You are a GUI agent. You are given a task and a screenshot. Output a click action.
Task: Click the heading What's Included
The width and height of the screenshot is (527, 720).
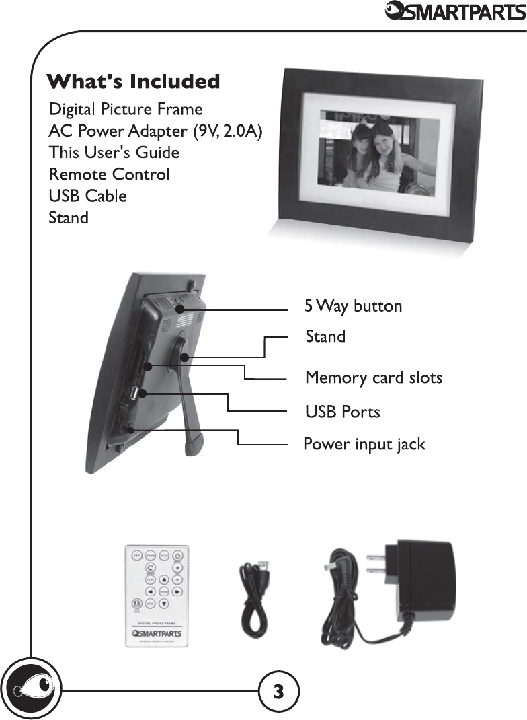pyautogui.click(x=133, y=82)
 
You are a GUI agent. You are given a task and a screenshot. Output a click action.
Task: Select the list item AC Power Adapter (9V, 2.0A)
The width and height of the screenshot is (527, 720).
pyautogui.click(x=155, y=131)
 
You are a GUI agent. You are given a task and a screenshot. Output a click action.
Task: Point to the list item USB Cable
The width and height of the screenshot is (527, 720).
pyautogui.click(x=88, y=196)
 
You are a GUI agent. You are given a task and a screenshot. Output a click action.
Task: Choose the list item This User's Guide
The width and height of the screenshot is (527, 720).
pyautogui.click(x=114, y=153)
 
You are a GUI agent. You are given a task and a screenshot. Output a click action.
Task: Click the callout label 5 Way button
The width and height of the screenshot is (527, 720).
pyautogui.click(x=353, y=307)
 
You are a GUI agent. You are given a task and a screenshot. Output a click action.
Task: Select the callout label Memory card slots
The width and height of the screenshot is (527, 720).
pyautogui.click(x=374, y=377)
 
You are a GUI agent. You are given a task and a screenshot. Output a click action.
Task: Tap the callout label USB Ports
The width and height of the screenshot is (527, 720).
pyautogui.click(x=342, y=411)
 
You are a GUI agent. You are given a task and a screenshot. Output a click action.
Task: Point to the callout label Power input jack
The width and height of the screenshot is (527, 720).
pyautogui.click(x=364, y=445)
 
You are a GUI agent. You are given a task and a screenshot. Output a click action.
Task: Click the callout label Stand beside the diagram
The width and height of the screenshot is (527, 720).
pyautogui.click(x=325, y=336)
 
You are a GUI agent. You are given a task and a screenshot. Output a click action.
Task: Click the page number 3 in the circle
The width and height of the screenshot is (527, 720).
pyautogui.click(x=278, y=690)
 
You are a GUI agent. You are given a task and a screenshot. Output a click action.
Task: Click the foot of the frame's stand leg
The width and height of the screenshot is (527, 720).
pyautogui.click(x=195, y=443)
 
